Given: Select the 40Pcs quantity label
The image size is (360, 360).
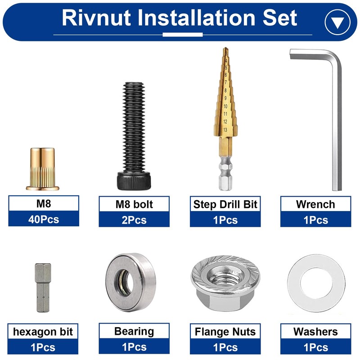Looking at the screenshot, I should click(x=44, y=220).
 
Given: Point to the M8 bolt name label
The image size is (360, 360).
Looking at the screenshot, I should click(x=134, y=204).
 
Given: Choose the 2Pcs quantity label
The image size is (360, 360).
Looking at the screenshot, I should click(x=134, y=220).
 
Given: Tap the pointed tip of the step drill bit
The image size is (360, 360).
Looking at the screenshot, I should click(x=225, y=50).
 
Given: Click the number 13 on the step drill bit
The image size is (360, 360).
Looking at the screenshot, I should click(x=225, y=129).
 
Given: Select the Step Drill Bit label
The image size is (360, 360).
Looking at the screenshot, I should click(x=225, y=204).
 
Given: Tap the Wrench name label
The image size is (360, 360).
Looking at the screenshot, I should click(x=315, y=204).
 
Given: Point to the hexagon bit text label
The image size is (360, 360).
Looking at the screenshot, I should click(x=43, y=332).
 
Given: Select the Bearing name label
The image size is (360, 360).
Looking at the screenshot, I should click(x=134, y=332).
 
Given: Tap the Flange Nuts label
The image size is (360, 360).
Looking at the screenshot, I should click(x=225, y=332).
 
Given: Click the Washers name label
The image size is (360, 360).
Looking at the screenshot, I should click(x=315, y=332).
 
